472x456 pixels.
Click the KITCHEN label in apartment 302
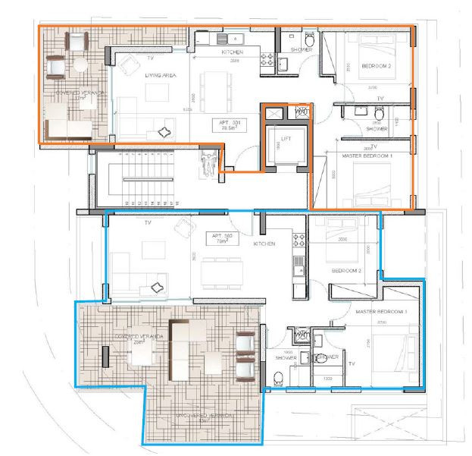[264, 244]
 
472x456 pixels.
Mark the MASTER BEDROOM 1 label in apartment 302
[382, 312]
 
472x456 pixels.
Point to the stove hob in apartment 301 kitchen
[267, 56]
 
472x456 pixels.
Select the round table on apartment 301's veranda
[79, 67]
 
